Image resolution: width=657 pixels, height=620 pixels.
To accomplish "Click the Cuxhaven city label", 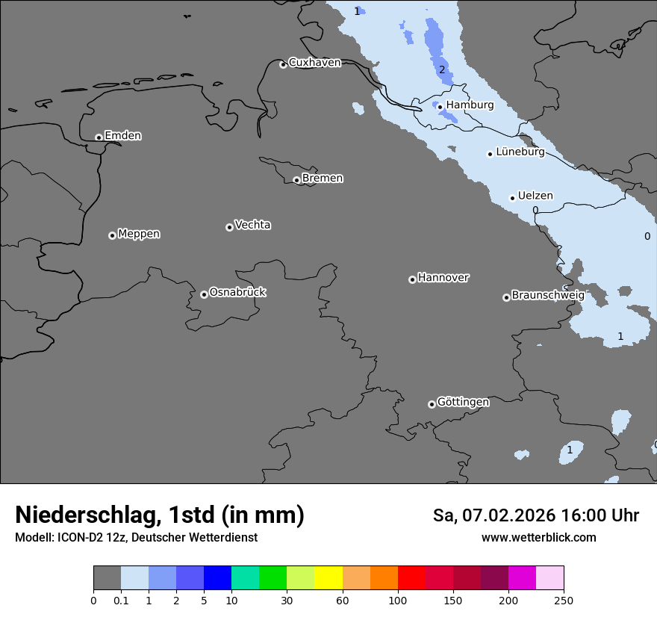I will [x=314, y=63].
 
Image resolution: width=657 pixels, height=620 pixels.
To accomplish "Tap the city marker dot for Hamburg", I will [x=440, y=107].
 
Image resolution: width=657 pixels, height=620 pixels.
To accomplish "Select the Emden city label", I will [x=122, y=136].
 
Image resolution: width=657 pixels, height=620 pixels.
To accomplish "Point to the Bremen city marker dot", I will [x=296, y=180].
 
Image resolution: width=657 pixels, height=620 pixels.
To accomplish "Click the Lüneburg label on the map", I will [x=520, y=152].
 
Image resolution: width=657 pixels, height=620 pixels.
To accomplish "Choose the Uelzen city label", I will [x=535, y=196].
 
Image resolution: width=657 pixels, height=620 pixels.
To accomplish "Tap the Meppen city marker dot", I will [x=112, y=235].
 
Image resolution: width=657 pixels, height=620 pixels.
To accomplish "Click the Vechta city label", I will [x=252, y=225].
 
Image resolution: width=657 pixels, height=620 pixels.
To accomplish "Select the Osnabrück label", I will [x=237, y=292].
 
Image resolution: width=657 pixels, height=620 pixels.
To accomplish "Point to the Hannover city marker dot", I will [x=412, y=279].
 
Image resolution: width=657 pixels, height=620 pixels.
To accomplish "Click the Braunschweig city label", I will [x=548, y=296].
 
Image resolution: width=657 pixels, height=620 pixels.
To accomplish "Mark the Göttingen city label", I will [x=463, y=403].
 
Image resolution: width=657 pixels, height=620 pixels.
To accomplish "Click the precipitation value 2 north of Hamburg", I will [x=441, y=70].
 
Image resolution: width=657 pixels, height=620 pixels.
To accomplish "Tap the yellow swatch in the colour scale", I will [x=328, y=578].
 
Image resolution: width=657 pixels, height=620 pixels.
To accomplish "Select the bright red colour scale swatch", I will [x=411, y=578].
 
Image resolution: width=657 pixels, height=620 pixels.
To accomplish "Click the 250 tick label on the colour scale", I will [x=564, y=600].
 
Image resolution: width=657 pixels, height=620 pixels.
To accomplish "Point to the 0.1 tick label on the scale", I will [x=121, y=600].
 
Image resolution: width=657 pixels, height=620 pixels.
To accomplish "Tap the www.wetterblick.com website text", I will [x=538, y=538].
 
